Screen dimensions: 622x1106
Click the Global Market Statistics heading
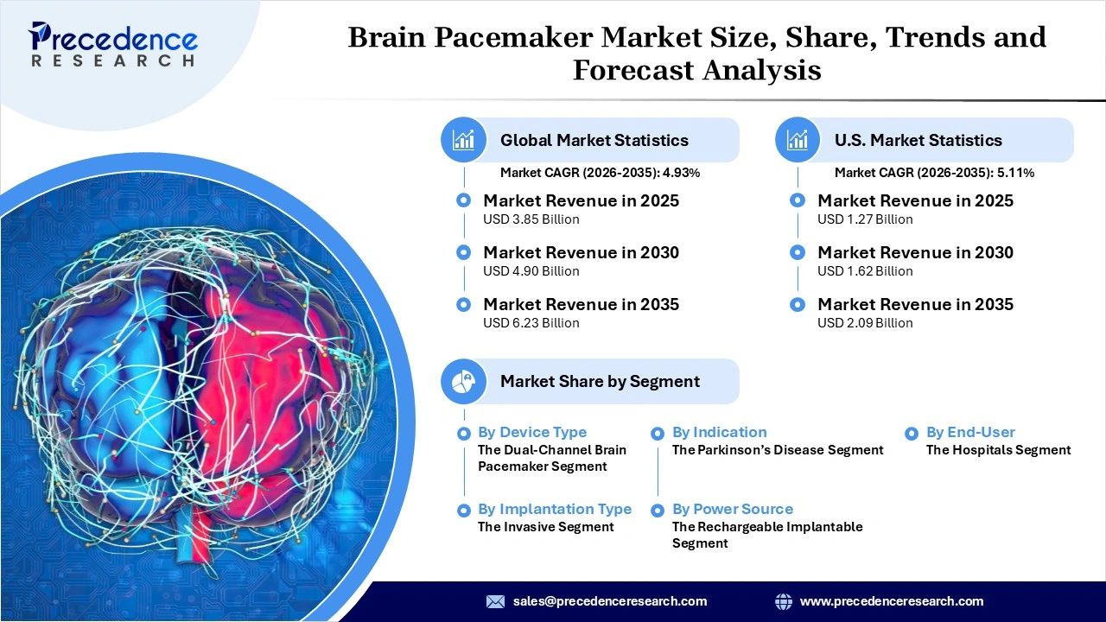tap(594, 140)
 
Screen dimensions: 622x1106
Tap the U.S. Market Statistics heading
tap(918, 140)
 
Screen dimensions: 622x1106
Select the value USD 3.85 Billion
tap(531, 219)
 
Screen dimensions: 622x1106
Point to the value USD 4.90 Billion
tap(531, 271)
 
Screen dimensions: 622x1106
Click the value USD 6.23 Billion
tap(531, 323)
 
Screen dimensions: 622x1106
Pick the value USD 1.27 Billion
tap(865, 219)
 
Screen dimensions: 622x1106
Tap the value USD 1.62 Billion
tap(865, 271)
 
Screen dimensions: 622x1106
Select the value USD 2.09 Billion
tap(865, 323)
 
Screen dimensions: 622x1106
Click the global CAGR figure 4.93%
tap(681, 173)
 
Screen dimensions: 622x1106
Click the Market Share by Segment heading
tap(600, 381)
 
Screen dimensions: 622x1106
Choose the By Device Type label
tap(531, 432)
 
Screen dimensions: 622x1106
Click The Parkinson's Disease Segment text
tap(778, 450)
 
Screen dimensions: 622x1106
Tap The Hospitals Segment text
tap(998, 450)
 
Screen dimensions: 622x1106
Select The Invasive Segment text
tap(545, 527)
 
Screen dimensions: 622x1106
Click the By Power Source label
tap(732, 509)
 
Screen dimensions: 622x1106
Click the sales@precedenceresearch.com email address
tap(609, 601)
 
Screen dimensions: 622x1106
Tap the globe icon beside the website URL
tap(784, 601)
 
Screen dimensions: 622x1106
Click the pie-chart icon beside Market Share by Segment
tap(464, 381)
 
